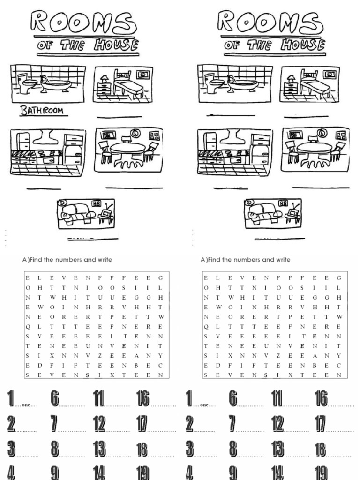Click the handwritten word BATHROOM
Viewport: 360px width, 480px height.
click(41, 111)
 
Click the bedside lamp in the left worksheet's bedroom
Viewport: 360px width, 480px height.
click(104, 80)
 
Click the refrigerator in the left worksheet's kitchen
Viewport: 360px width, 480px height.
click(73, 150)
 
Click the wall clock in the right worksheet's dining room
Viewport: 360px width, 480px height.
click(322, 133)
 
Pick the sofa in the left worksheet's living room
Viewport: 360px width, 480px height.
click(78, 213)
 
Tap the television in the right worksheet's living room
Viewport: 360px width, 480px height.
click(294, 213)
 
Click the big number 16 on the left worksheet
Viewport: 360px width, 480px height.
click(142, 399)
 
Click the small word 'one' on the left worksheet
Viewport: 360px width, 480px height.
click(26, 405)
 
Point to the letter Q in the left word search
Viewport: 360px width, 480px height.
click(28, 327)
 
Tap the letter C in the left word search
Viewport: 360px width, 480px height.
click(160, 366)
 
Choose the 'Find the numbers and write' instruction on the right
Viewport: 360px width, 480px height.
click(245, 260)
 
